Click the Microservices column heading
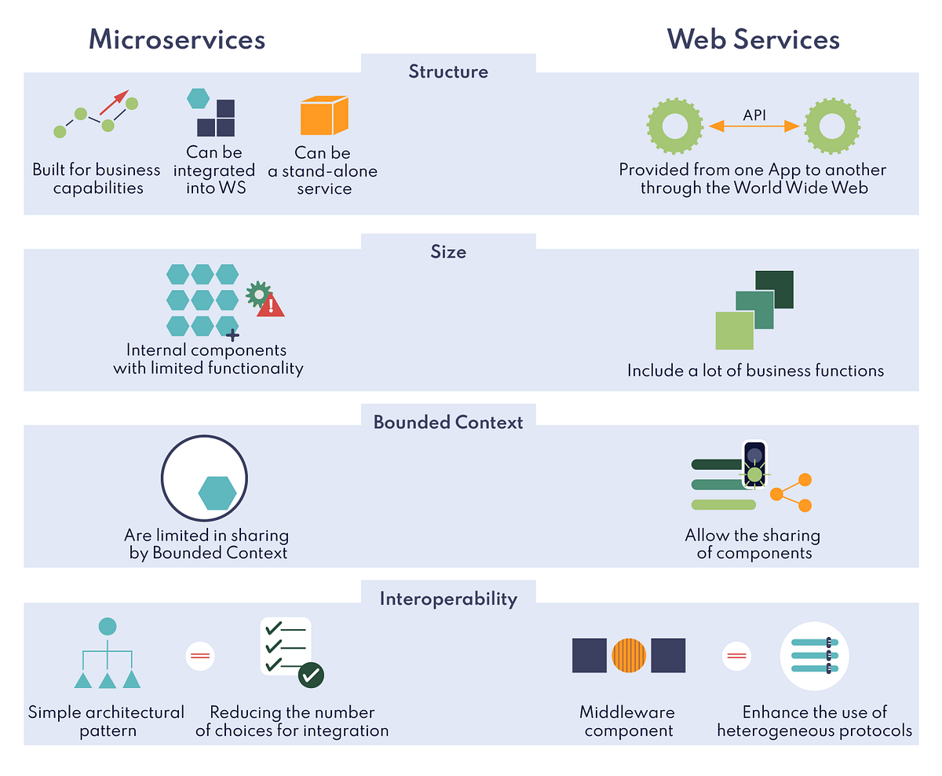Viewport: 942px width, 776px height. coord(177,39)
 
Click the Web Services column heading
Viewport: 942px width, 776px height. coord(753,39)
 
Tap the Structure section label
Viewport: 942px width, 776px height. coord(448,72)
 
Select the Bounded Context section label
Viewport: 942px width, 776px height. coord(448,423)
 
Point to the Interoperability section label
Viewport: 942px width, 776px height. coord(448,599)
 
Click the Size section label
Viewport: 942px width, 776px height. coord(448,252)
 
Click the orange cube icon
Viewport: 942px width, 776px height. coord(323,116)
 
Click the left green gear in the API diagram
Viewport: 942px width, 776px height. coord(674,126)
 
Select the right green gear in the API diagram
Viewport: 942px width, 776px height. coord(831,126)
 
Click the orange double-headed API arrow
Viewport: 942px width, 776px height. coord(754,126)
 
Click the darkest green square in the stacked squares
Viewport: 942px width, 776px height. coord(774,290)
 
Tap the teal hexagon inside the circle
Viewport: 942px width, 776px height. coord(217,493)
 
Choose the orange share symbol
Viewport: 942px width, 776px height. coord(790,493)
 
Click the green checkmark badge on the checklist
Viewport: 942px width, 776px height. coord(312,675)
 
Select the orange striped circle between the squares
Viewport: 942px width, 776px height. coord(629,655)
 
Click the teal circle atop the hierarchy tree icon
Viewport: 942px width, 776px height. coord(108,627)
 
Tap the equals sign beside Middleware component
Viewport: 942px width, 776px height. coord(736,655)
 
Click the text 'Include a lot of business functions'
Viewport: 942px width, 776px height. coord(755,371)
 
